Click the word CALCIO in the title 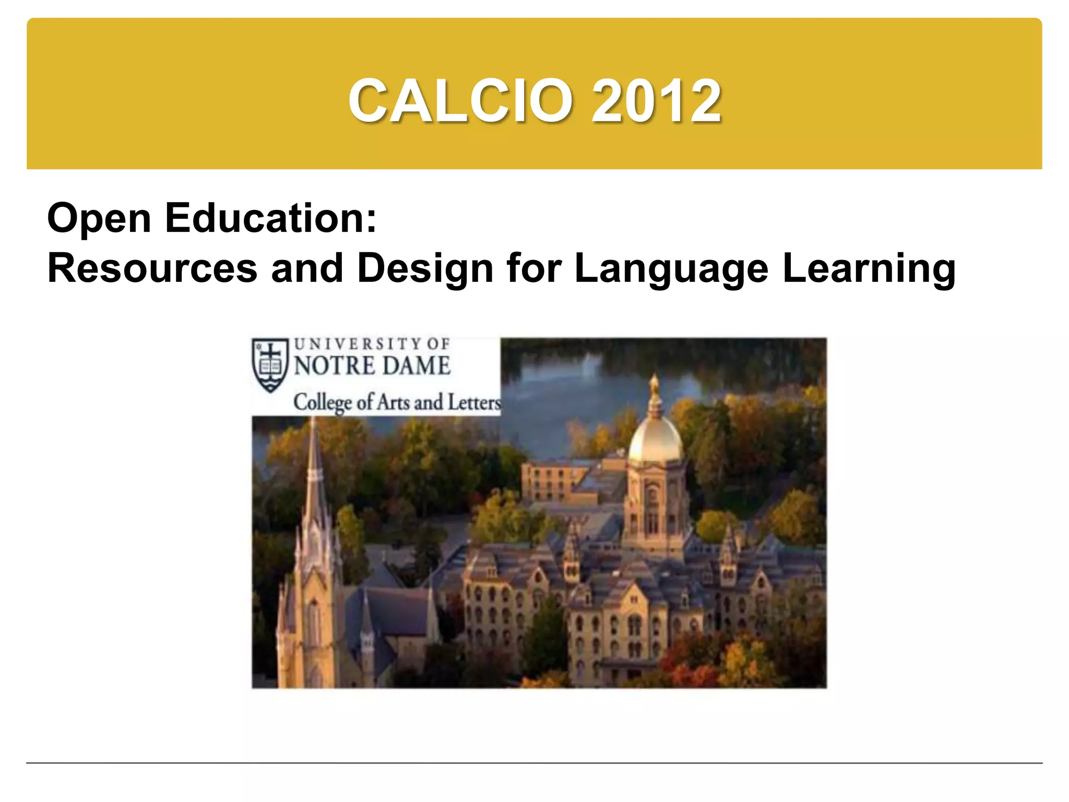point(460,101)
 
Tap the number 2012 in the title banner point(656,101)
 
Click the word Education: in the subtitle point(271,218)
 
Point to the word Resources point(152,268)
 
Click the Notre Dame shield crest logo point(270,364)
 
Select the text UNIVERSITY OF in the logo point(372,344)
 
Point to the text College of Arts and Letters point(397,403)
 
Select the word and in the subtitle point(307,268)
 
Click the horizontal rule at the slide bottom point(534,763)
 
